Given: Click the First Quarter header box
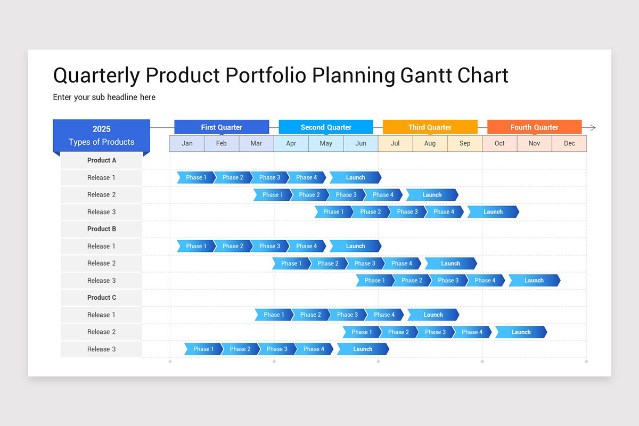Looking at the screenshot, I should pyautogui.click(x=222, y=127).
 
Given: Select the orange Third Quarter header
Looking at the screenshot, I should pyautogui.click(x=430, y=127).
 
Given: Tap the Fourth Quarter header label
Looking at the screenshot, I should pyautogui.click(x=534, y=127).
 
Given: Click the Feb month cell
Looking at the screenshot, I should pyautogui.click(x=222, y=143).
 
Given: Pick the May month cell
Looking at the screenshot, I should pyautogui.click(x=326, y=143).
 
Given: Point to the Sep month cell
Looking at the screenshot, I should pyautogui.click(x=465, y=143).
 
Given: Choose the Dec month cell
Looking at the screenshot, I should pyautogui.click(x=569, y=143).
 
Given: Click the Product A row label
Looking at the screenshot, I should pyautogui.click(x=101, y=160).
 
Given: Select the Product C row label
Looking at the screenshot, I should pyautogui.click(x=101, y=298).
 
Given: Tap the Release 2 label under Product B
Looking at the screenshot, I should pyautogui.click(x=101, y=263).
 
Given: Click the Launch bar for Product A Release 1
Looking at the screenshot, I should pyautogui.click(x=355, y=177).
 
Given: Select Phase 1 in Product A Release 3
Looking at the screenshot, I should pyautogui.click(x=333, y=212).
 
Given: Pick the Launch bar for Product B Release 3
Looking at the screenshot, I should pyautogui.click(x=534, y=281).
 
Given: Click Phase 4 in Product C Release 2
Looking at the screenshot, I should pyautogui.click(x=472, y=332).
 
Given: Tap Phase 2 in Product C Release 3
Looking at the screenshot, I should pyautogui.click(x=240, y=349).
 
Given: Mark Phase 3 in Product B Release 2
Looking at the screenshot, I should pyautogui.click(x=365, y=263).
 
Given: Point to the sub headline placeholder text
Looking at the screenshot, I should pyautogui.click(x=104, y=97).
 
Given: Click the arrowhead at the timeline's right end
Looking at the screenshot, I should pyautogui.click(x=592, y=128).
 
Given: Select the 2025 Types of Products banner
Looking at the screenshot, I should pyautogui.click(x=101, y=135).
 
